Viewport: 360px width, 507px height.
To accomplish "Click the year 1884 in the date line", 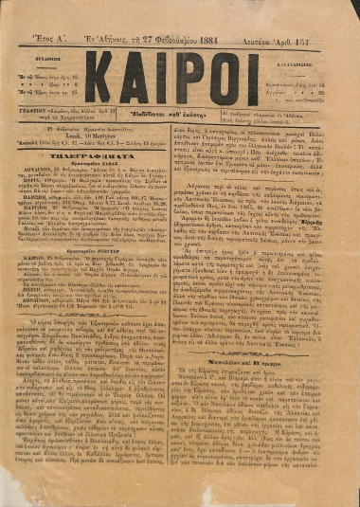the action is click(x=215, y=14).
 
